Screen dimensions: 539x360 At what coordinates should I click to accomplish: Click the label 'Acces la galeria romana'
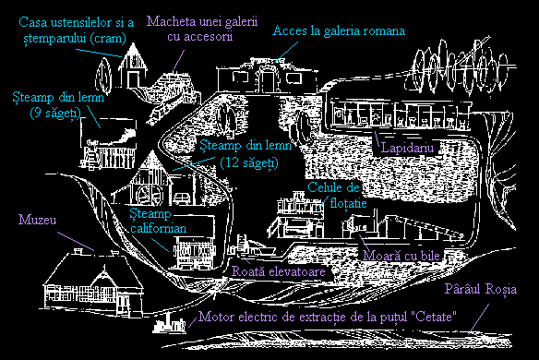pyautogui.click(x=339, y=31)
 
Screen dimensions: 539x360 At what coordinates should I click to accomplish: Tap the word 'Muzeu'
pyautogui.click(x=38, y=220)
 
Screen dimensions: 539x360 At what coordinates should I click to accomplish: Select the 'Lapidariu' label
pyautogui.click(x=408, y=148)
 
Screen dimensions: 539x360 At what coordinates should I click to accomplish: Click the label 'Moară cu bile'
pyautogui.click(x=401, y=256)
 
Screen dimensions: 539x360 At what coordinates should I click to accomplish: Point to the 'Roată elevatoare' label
pyautogui.click(x=279, y=271)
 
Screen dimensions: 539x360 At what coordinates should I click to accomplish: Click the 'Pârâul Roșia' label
pyautogui.click(x=481, y=289)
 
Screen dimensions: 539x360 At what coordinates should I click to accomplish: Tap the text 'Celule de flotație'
pyautogui.click(x=337, y=195)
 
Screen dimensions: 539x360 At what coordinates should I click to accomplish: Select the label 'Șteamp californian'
pyautogui.click(x=158, y=221)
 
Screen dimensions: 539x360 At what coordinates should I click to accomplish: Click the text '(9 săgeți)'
pyautogui.click(x=55, y=113)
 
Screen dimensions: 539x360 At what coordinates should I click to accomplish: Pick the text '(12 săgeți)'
pyautogui.click(x=249, y=162)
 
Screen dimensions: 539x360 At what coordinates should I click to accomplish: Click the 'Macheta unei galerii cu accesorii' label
pyautogui.click(x=202, y=29)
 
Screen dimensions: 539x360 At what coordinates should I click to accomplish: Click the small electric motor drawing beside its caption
pyautogui.click(x=170, y=324)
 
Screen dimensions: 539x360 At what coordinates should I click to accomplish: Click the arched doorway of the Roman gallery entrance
pyautogui.click(x=267, y=79)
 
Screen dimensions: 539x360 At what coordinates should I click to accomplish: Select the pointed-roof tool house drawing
pyautogui.click(x=133, y=66)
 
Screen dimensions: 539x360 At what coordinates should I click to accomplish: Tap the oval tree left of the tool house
pyautogui.click(x=103, y=76)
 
